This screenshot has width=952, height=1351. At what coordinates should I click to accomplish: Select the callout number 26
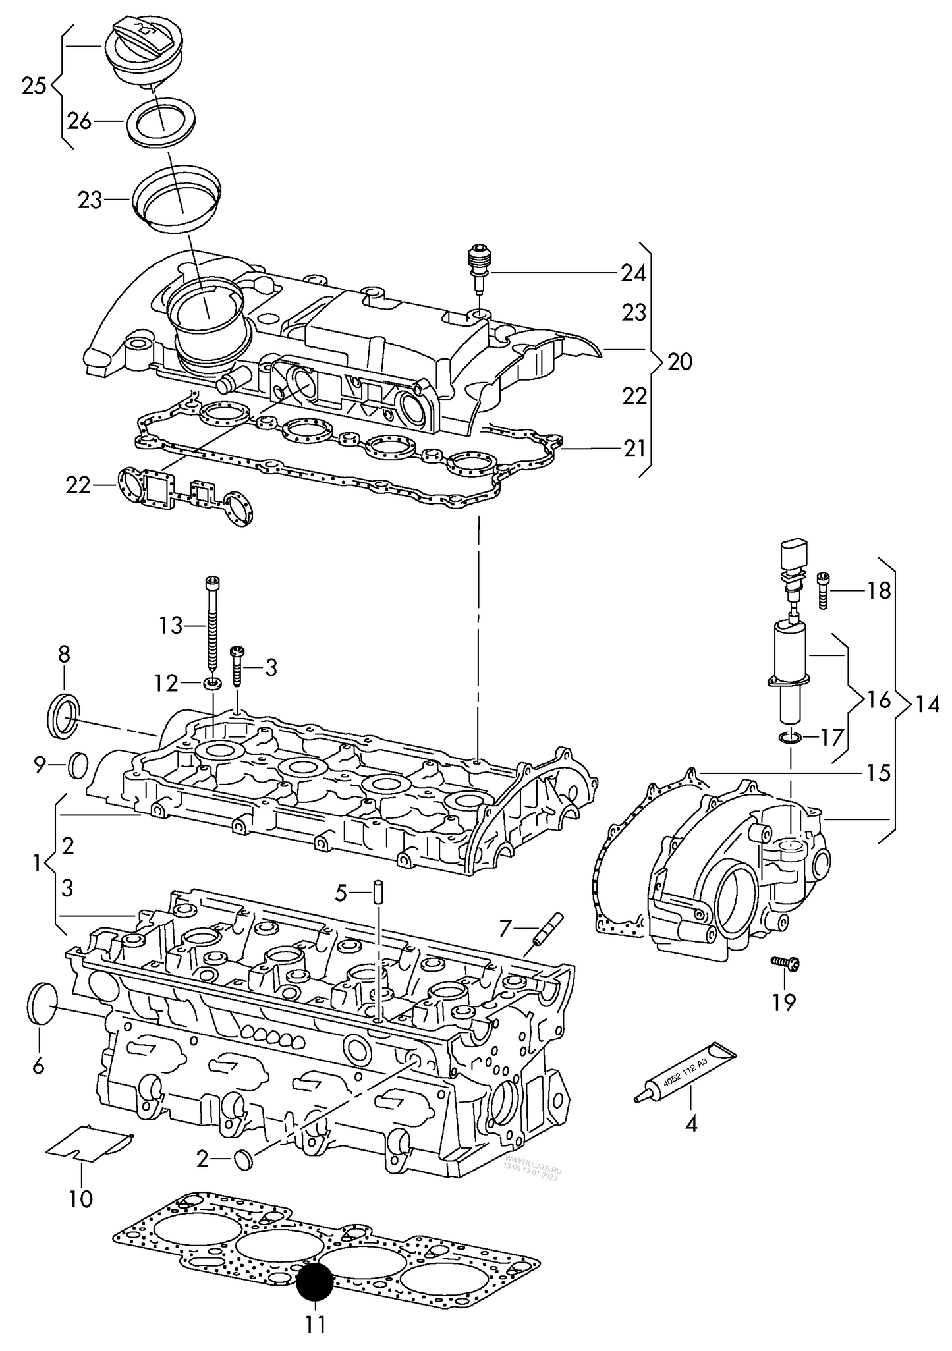click(x=80, y=121)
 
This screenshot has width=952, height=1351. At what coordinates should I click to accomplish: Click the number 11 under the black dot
click(x=316, y=1323)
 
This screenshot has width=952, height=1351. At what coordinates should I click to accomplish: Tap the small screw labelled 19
click(x=786, y=964)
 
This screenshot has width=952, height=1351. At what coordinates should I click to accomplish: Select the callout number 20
click(x=680, y=362)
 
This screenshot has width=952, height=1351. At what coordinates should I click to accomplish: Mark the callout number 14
click(x=927, y=705)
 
